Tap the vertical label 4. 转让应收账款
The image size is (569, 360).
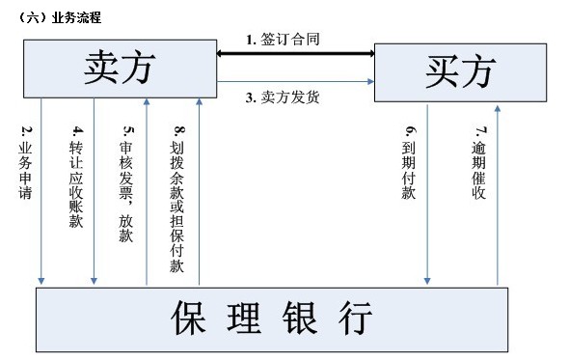(77, 175)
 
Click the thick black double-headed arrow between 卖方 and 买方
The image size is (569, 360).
(295, 54)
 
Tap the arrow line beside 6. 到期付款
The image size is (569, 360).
(426, 193)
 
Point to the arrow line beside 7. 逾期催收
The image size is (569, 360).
(498, 193)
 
